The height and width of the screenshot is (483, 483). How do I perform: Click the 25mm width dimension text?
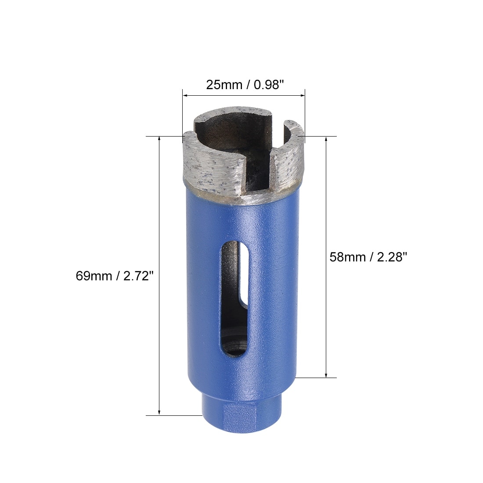pyautogui.click(x=224, y=85)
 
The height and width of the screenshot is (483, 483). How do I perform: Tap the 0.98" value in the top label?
pyautogui.click(x=268, y=85)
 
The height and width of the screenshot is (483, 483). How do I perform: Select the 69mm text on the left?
pyautogui.click(x=94, y=276)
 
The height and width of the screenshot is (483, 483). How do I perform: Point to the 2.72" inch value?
pyautogui.click(x=138, y=276)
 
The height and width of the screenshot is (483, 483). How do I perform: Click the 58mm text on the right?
pyautogui.click(x=348, y=257)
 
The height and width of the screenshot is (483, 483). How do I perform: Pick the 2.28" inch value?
pyautogui.click(x=392, y=257)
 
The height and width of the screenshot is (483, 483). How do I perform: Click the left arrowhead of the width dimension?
pyautogui.click(x=185, y=95)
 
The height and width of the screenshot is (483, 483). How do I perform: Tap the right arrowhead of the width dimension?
pyautogui.click(x=302, y=95)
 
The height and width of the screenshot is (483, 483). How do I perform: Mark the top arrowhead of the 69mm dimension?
pyautogui.click(x=159, y=139)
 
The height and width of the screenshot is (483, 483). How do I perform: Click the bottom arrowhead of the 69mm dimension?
pyautogui.click(x=159, y=412)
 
